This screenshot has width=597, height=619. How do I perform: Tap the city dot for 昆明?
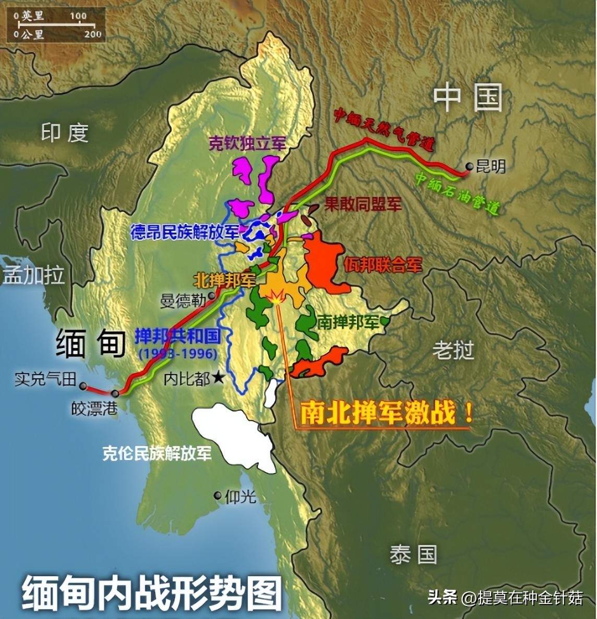tap(470, 167)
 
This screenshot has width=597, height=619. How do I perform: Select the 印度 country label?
tap(65, 133)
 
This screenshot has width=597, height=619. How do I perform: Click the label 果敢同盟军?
tap(363, 204)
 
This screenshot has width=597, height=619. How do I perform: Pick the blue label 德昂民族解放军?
tap(185, 232)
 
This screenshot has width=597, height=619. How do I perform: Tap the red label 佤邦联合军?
tap(383, 265)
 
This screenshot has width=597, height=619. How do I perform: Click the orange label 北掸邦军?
tap(225, 280)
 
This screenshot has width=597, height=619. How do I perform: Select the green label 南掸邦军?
tap(348, 323)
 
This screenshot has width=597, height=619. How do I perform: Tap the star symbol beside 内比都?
tap(218, 379)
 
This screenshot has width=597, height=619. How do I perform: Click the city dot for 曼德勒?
tap(211, 295)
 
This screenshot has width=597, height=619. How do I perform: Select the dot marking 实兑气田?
tap(83, 386)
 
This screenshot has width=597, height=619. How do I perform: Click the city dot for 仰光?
tap(218, 496)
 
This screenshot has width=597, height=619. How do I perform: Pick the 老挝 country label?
tap(453, 350)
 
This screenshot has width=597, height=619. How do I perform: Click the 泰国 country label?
tap(413, 554)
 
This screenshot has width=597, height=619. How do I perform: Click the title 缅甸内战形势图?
tap(151, 593)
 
